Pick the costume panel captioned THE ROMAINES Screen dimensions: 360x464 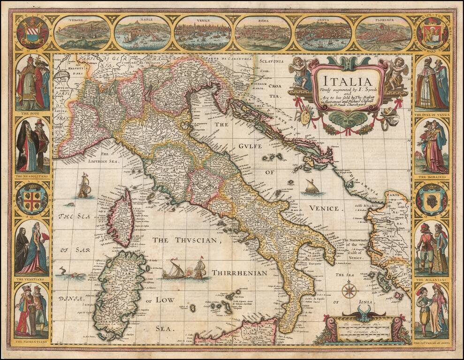coord(432,145)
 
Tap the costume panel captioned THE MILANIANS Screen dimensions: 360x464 coord(432,248)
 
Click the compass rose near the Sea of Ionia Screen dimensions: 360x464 coord(349,289)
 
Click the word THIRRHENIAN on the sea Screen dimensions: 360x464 coord(239,272)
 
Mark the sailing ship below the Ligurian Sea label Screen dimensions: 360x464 coord(84,185)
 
